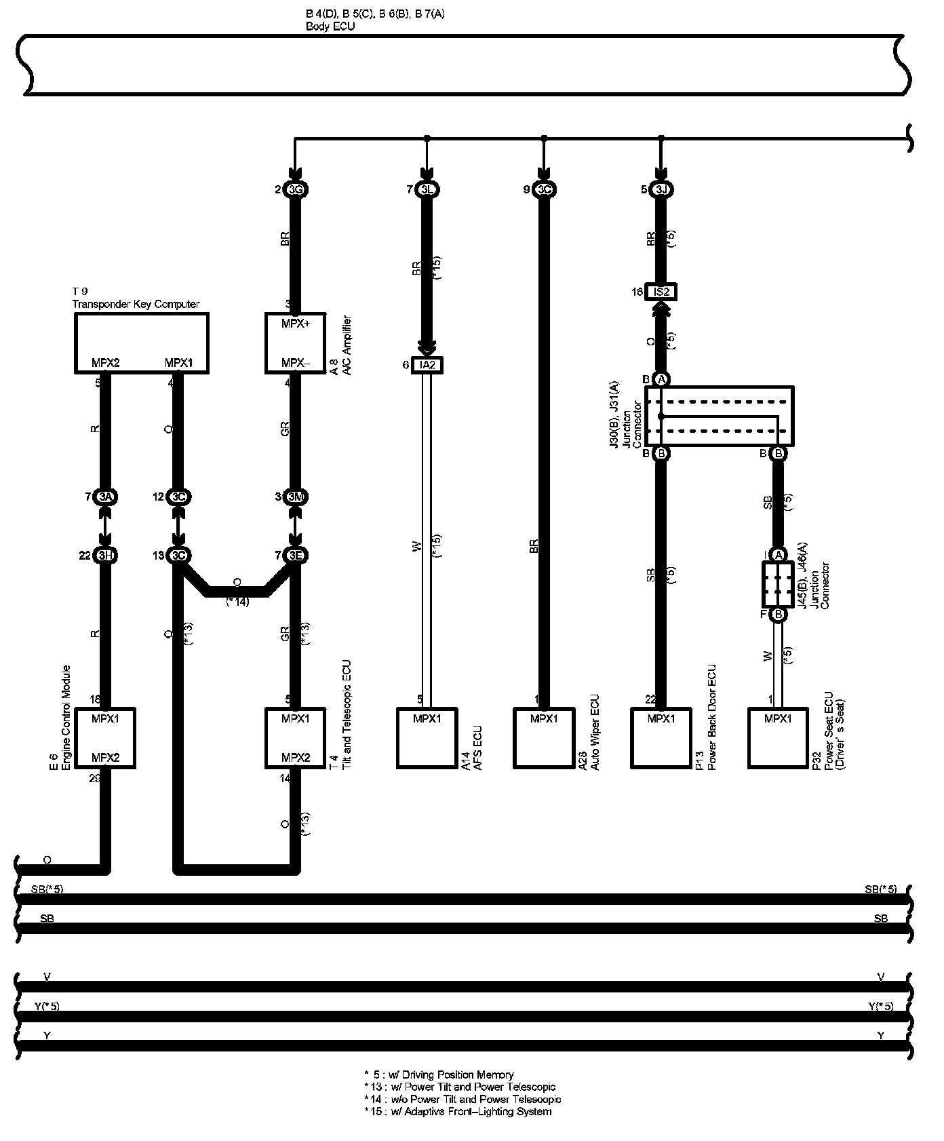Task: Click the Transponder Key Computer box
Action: click(141, 343)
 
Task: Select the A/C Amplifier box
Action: click(296, 343)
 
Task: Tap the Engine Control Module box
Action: click(105, 738)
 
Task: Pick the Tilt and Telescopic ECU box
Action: click(296, 738)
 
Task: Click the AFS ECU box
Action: click(427, 738)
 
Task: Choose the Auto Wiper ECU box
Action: click(544, 738)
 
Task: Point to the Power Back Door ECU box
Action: click(661, 738)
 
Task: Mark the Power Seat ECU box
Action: click(778, 738)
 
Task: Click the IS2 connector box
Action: click(661, 292)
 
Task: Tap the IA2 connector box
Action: click(427, 365)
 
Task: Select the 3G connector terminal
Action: click(296, 190)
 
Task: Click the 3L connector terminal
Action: click(427, 190)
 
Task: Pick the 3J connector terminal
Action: click(661, 190)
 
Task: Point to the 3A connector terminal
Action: click(106, 497)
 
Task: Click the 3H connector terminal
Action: click(106, 556)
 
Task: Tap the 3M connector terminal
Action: click(296, 497)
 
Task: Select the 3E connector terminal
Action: click(296, 556)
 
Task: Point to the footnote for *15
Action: click(458, 1111)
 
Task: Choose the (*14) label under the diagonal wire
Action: click(237, 601)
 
